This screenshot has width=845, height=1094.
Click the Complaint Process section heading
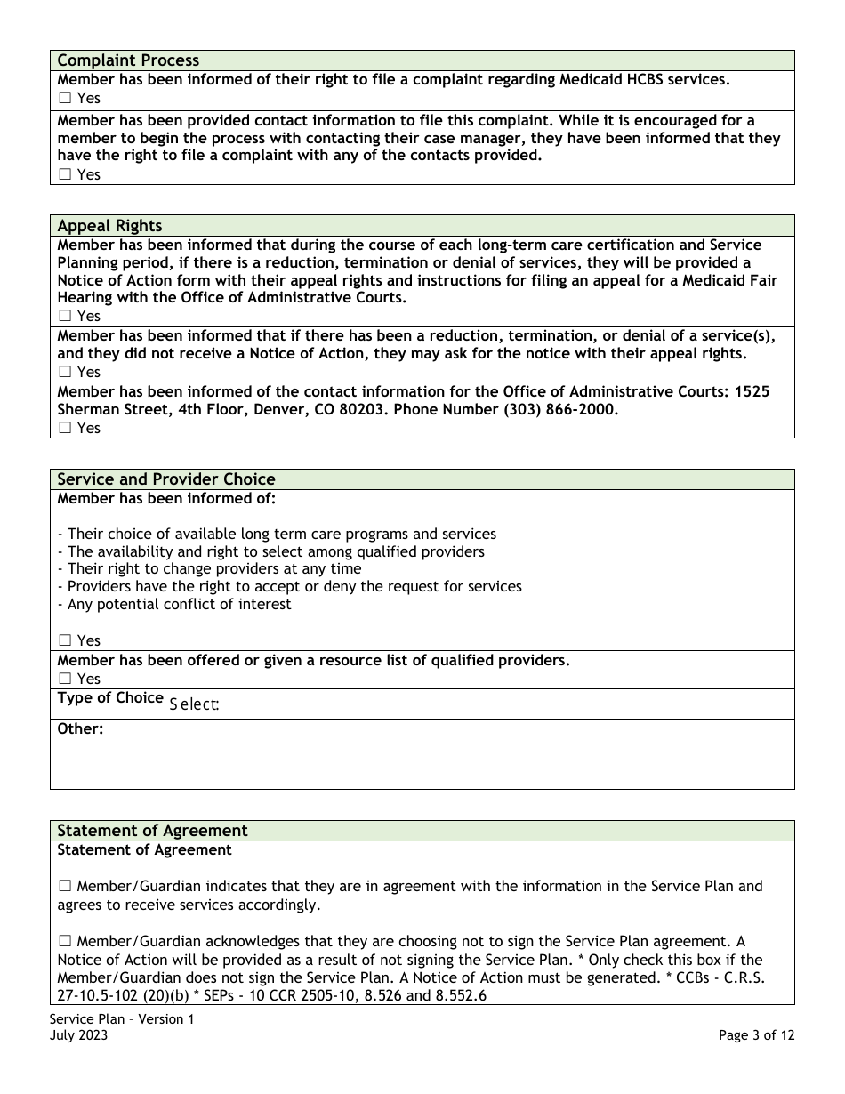click(128, 60)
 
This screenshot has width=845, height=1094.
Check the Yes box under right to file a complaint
click(65, 99)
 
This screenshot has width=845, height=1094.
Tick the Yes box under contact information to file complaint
click(65, 175)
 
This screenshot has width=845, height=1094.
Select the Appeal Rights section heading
click(109, 226)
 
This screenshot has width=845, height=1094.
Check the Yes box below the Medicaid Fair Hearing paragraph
click(65, 317)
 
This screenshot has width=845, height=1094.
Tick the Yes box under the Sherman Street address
click(65, 429)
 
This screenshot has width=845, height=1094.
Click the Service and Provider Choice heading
click(166, 479)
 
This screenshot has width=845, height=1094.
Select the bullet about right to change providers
click(209, 569)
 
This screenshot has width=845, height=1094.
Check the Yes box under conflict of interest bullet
click(65, 641)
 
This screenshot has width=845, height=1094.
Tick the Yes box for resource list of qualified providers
click(65, 680)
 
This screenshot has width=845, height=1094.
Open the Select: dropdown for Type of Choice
click(194, 704)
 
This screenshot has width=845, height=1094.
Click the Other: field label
click(81, 729)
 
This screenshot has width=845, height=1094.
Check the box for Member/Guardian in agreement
click(65, 887)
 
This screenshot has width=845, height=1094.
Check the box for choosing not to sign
click(65, 942)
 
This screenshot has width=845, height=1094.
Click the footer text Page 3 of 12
click(756, 1035)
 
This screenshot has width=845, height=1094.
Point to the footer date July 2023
click(79, 1035)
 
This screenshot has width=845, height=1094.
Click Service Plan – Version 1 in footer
click(122, 1019)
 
